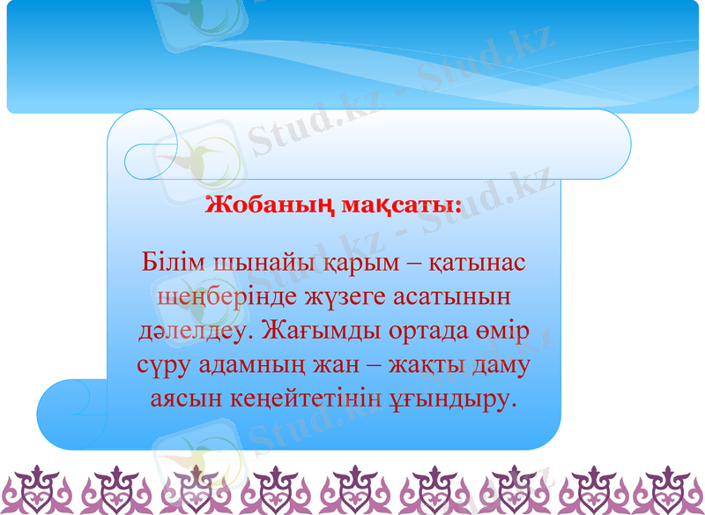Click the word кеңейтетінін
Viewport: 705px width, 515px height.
point(284,399)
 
